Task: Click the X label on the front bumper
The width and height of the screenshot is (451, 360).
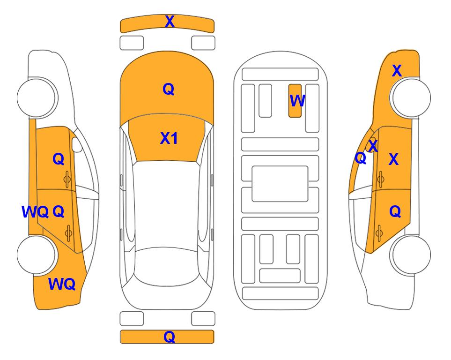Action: click(x=170, y=22)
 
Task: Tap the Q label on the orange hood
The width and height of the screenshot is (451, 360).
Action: click(x=169, y=89)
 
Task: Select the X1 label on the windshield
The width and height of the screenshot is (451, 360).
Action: click(x=169, y=138)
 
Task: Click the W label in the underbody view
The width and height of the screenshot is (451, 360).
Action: click(x=297, y=101)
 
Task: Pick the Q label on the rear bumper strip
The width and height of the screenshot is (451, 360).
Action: click(x=170, y=337)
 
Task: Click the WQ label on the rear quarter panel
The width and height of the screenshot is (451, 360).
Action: click(x=62, y=284)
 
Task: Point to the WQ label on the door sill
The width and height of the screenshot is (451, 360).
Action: click(x=35, y=212)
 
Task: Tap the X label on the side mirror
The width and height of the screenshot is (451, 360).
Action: click(x=373, y=146)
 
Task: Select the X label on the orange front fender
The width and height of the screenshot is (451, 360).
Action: click(x=397, y=71)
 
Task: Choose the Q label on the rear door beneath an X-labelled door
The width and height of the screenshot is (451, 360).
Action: click(x=395, y=212)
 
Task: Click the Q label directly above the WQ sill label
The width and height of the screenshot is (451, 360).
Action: click(x=59, y=159)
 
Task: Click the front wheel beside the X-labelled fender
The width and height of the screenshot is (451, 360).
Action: click(x=410, y=97)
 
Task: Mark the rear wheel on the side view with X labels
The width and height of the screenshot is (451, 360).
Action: click(x=410, y=255)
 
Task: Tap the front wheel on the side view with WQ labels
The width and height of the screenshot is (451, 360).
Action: click(x=37, y=97)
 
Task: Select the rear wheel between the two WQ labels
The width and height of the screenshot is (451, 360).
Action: click(x=37, y=255)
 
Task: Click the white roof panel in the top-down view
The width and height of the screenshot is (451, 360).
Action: click(x=167, y=205)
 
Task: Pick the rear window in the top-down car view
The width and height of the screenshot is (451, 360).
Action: click(x=167, y=266)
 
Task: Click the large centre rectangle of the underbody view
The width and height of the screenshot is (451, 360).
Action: click(x=280, y=184)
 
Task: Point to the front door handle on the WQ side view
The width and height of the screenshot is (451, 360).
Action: click(x=67, y=179)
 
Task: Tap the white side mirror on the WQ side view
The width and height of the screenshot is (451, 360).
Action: click(x=77, y=144)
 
